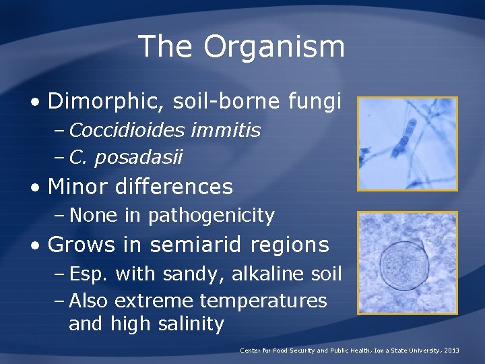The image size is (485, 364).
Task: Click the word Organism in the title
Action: tap(274, 47)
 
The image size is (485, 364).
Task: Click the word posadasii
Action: tap(139, 157)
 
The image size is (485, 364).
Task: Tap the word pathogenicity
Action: tap(212, 216)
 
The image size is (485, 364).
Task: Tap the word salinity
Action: tap(191, 324)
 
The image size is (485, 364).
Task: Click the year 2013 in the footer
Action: tap(451, 351)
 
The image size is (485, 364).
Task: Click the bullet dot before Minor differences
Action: tap(34, 187)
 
